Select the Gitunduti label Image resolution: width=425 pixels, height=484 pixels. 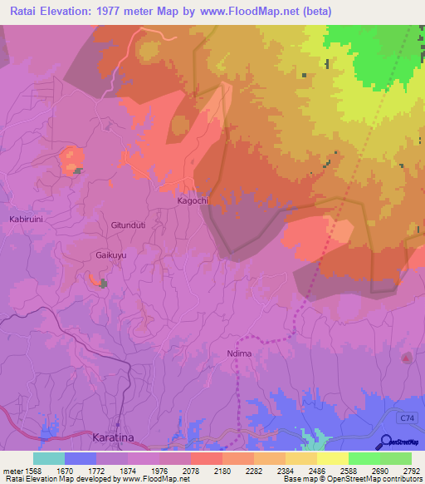[128, 225]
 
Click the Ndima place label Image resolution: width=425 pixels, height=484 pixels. [238, 353]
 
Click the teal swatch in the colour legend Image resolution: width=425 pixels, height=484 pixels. [49, 458]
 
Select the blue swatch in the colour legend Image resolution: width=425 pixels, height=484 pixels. [81, 458]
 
